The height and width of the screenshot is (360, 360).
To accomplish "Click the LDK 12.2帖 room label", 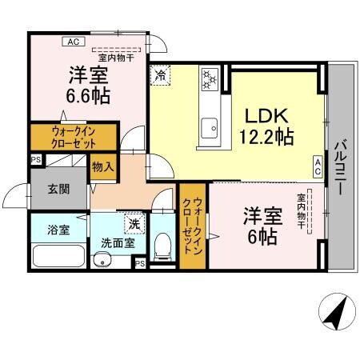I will pos(266,126).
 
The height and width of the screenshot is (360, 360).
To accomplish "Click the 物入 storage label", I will pos(103,167).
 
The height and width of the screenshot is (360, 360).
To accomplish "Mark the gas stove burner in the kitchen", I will pos(210,79).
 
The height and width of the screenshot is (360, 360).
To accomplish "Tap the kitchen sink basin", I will pos(212,126).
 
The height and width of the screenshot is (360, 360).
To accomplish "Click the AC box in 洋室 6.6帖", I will pos(72,41).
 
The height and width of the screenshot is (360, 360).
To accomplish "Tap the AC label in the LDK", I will pos(318,166).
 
